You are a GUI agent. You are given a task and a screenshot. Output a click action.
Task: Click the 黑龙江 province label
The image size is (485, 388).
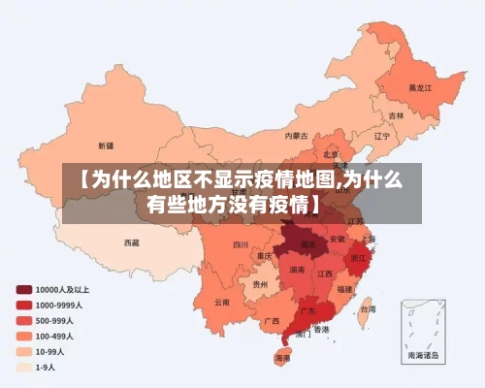pos(419,86)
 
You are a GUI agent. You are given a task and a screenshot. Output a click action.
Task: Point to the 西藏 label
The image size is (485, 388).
pos(131,242)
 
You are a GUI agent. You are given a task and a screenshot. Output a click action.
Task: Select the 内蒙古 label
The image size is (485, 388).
pos(297,136)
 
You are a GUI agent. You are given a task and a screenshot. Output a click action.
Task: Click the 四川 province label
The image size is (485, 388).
pos(241,245)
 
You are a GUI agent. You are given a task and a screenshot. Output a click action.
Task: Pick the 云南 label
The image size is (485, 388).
pos(222,302)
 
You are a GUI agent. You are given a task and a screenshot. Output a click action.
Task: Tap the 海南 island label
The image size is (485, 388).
pos(282,358)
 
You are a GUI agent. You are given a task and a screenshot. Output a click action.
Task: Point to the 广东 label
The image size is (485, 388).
pos(307,311)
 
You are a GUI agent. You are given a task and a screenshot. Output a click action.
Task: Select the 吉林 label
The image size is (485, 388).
pos(397,115)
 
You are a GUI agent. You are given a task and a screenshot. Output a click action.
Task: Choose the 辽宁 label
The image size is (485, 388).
pos(381,136)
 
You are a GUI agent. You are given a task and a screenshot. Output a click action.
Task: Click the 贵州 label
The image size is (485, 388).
pos(260,285)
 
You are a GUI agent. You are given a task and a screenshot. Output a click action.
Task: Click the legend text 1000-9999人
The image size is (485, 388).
pos(59,305)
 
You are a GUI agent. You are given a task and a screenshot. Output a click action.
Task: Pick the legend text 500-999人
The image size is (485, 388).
pos(56,320)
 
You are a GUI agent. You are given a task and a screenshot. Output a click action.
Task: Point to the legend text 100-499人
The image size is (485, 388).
pos(56,336)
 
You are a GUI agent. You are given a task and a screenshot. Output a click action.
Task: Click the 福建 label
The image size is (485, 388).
pos(344,289)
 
